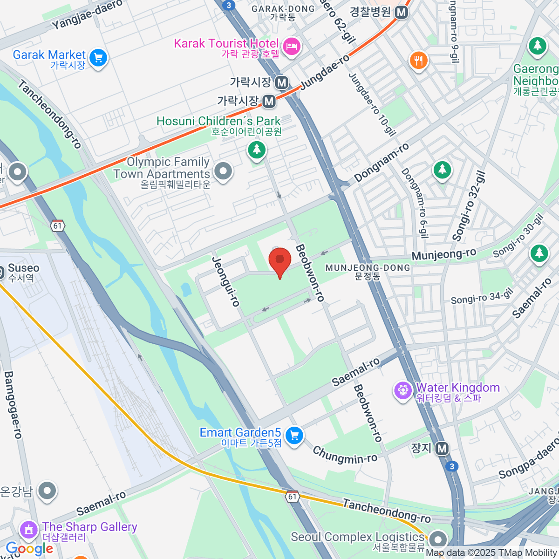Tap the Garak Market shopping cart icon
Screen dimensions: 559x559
98,58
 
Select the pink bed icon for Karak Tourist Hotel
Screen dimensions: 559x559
292,46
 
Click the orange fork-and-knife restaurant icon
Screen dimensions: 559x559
418,61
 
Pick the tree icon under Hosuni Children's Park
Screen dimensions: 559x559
256,150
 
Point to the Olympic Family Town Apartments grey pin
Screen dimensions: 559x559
223,170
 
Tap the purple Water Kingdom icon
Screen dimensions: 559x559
402,390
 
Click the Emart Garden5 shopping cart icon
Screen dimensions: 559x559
294,436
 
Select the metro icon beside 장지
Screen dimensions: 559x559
442,449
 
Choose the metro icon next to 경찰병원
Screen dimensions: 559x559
401,13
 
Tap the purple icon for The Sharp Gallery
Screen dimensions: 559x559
29,530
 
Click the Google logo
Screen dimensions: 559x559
29,549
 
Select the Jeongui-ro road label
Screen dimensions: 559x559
225,281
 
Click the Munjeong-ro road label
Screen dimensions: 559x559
443,254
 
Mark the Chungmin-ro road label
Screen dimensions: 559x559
345,455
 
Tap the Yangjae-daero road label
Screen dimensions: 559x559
87,14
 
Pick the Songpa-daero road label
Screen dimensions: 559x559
529,458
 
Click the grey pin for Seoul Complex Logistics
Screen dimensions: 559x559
437,539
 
